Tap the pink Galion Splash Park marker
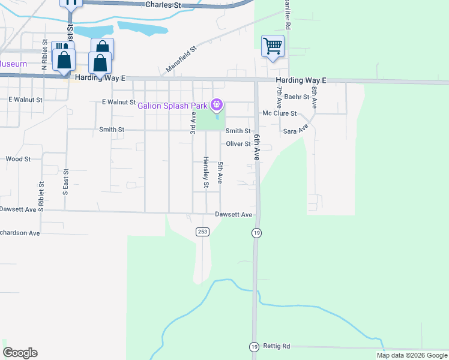[217, 106]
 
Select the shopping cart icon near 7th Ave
[273, 46]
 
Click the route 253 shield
[202, 232]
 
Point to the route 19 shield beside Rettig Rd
[254, 347]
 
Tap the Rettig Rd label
[277, 346]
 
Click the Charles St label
[163, 5]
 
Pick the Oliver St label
[238, 144]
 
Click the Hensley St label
[205, 172]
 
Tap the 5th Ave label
[220, 172]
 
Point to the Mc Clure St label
[280, 113]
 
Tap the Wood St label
[18, 159]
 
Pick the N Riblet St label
[44, 56]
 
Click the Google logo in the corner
[20, 353]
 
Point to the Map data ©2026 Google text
[411, 355]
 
